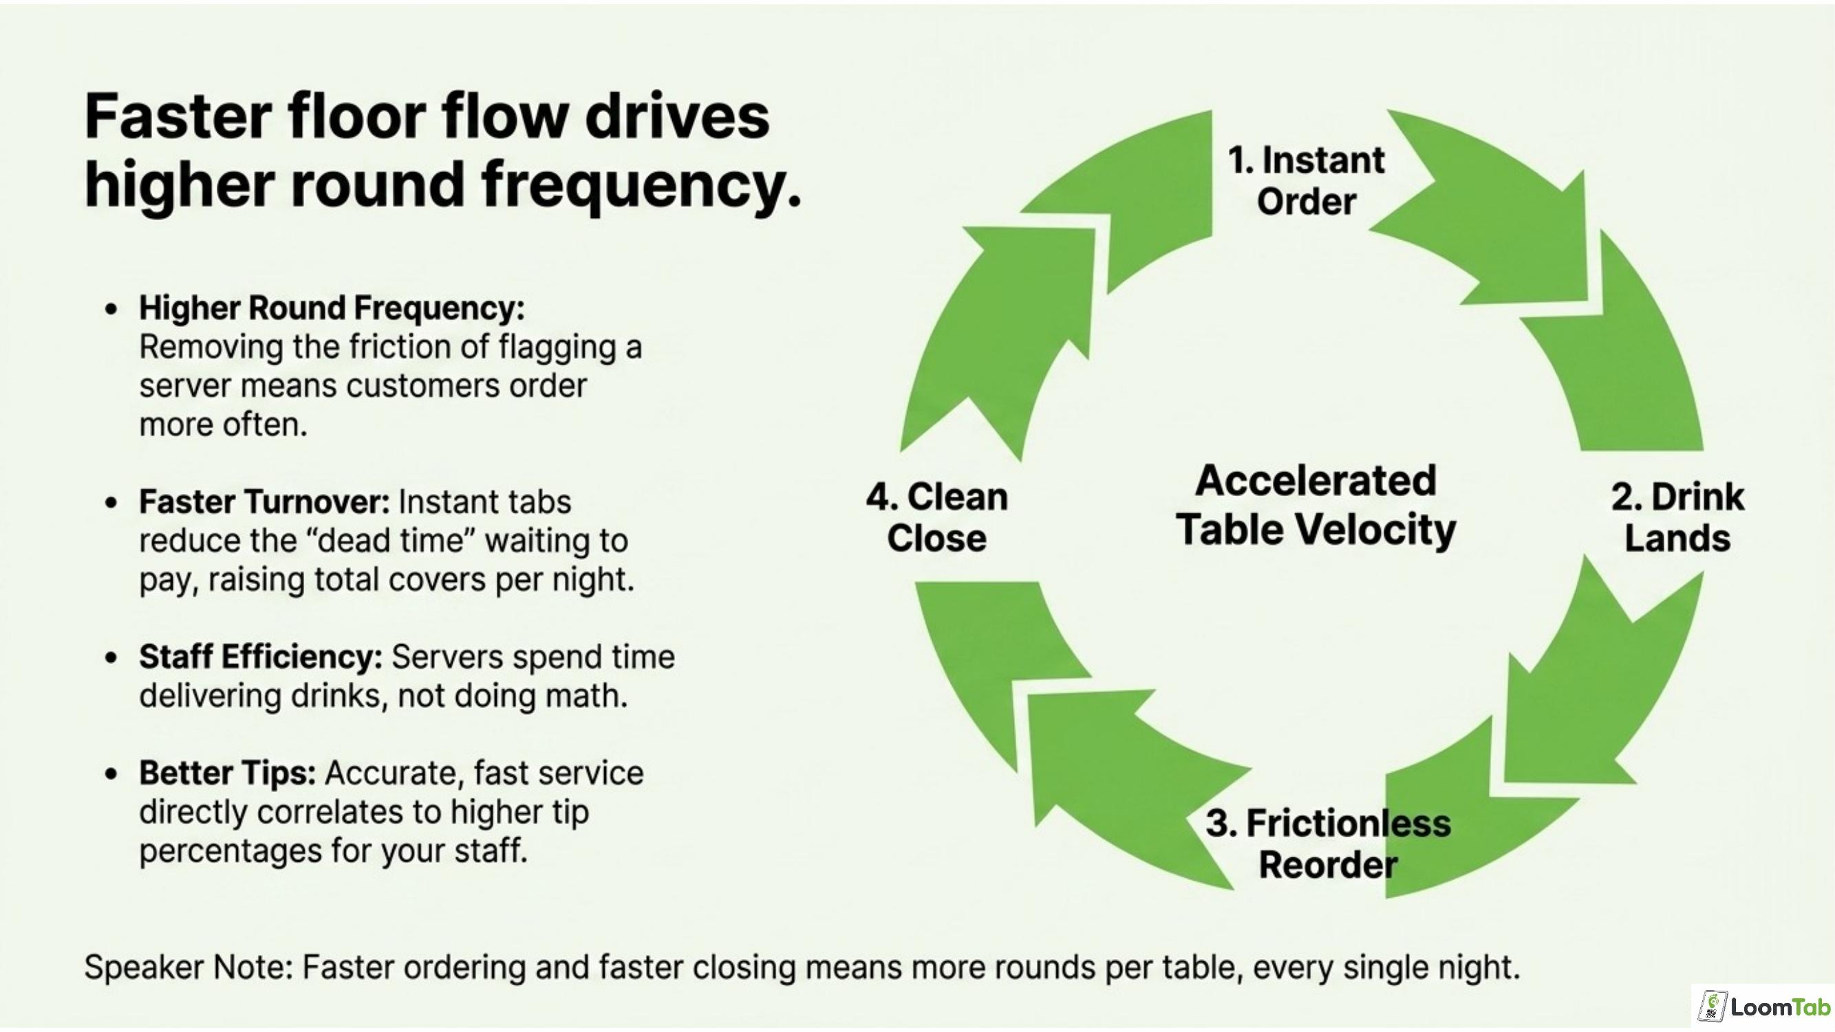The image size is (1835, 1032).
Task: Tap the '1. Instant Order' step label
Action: point(1307,180)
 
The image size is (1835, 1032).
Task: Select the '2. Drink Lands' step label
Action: point(1677,517)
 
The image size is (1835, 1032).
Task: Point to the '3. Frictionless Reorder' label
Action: point(1329,844)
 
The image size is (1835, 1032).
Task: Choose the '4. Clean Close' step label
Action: point(936,517)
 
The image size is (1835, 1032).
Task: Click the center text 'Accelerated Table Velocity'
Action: point(1316,505)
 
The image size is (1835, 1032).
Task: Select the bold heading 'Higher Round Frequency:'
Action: point(332,308)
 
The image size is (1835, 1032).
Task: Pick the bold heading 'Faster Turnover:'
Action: point(264,502)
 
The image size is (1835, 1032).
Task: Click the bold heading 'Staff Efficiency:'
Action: point(261,656)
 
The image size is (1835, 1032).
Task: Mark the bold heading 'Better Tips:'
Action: point(227,773)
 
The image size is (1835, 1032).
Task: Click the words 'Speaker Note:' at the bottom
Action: point(189,967)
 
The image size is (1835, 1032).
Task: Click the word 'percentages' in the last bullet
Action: point(230,852)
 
